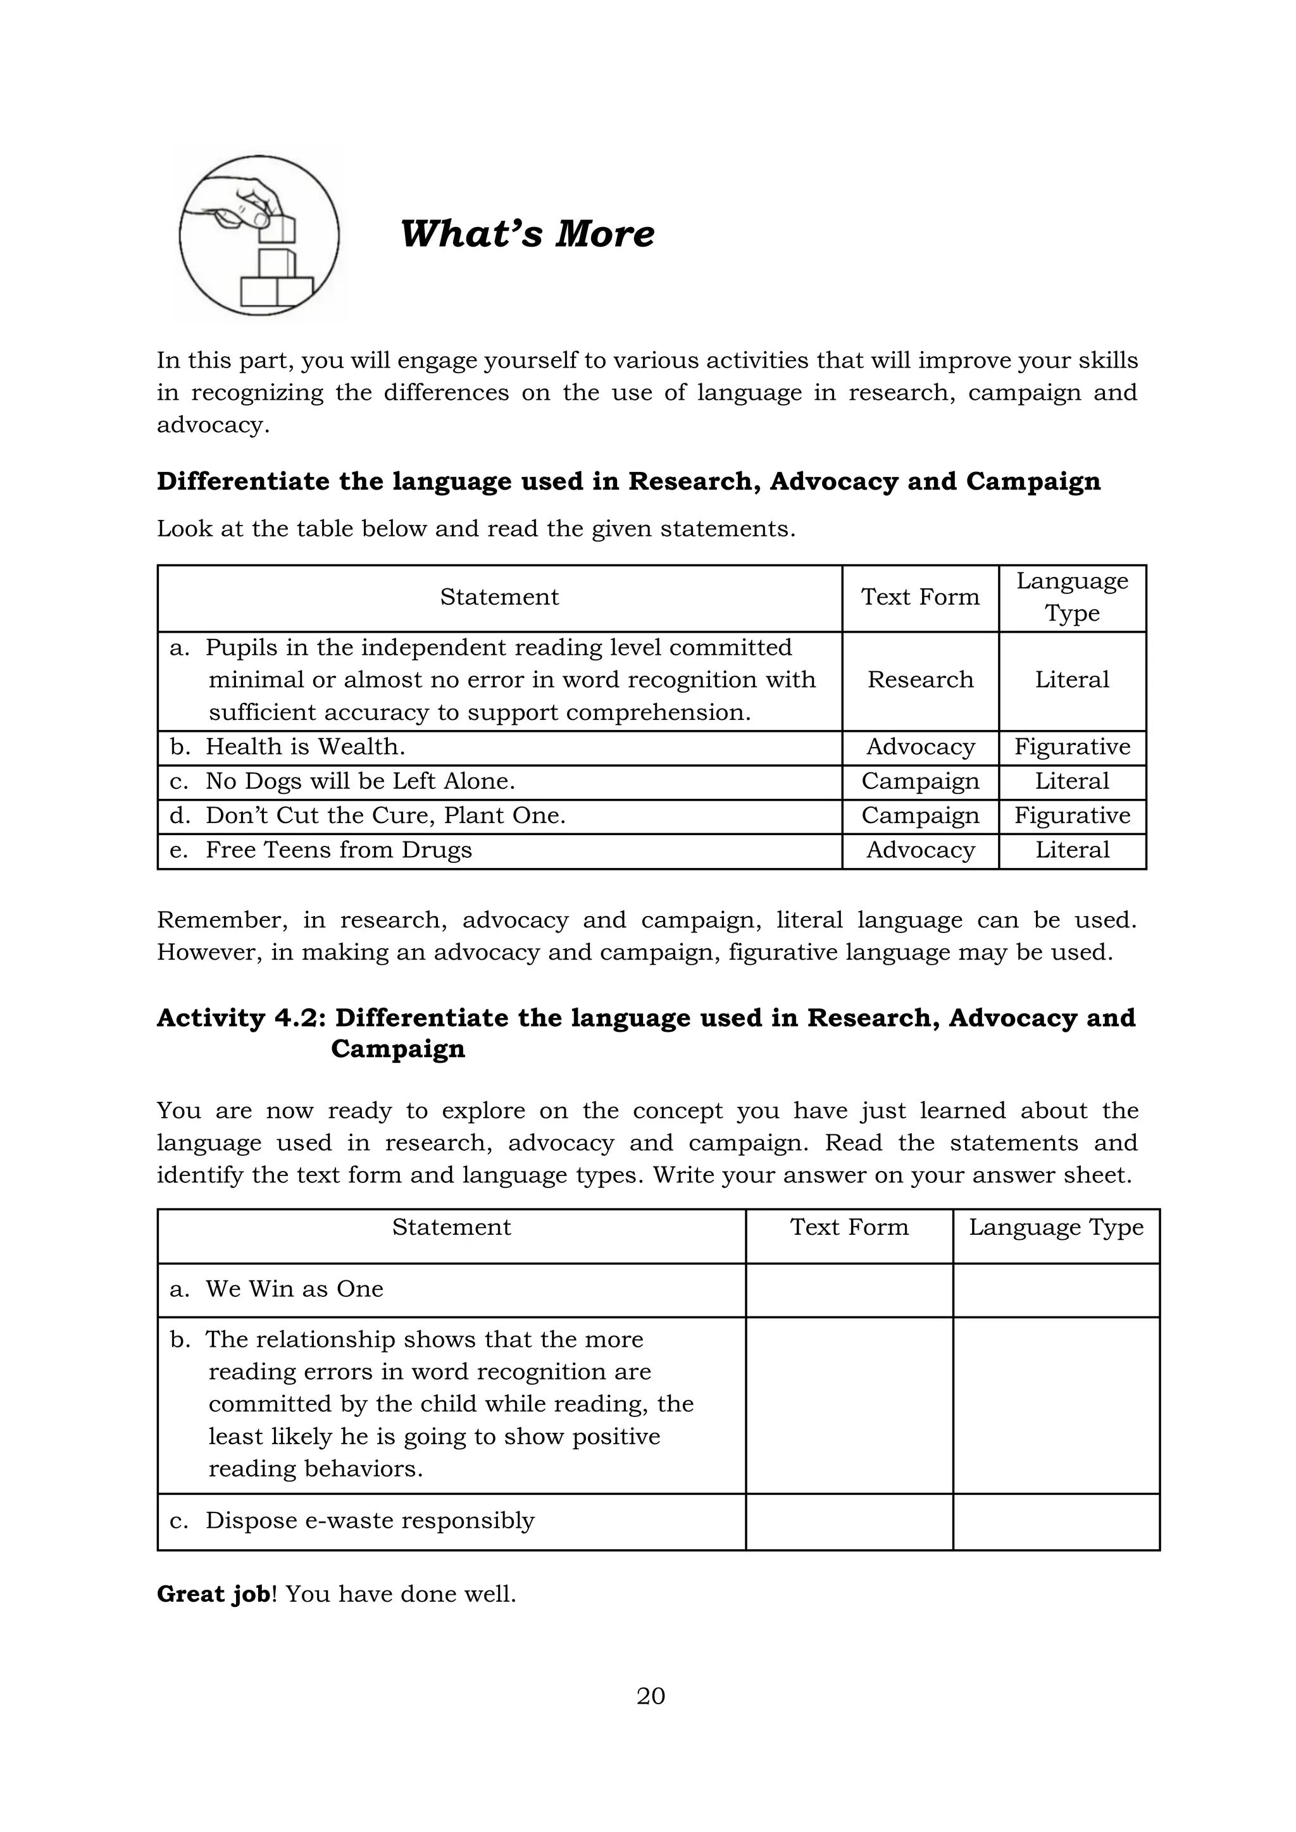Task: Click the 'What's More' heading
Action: coord(526,234)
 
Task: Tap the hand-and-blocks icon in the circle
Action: coord(259,235)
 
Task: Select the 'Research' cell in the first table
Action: coord(920,680)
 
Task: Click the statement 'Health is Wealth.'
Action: coord(306,747)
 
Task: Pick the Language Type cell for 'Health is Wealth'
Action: coord(1072,747)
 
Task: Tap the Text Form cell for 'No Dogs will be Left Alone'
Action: coord(920,781)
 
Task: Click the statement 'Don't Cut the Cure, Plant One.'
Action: coord(385,815)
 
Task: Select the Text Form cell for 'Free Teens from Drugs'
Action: coord(920,850)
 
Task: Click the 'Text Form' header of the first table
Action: coord(920,597)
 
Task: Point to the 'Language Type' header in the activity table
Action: coord(1056,1227)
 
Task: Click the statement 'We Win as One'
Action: coord(294,1289)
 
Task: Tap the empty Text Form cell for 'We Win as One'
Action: coord(849,1290)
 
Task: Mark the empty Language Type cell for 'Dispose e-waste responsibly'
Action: coord(1056,1521)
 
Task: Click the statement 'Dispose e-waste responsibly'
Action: coord(370,1521)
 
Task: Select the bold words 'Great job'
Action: coord(213,1594)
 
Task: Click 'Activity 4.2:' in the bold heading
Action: coord(241,1018)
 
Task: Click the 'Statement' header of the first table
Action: coord(499,597)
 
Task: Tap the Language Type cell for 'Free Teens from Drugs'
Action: coord(1072,850)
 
